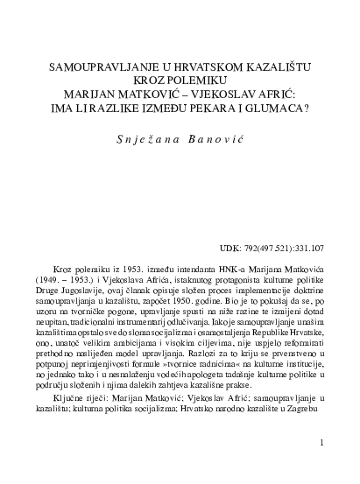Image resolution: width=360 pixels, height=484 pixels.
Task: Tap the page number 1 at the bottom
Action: pos(323,444)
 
